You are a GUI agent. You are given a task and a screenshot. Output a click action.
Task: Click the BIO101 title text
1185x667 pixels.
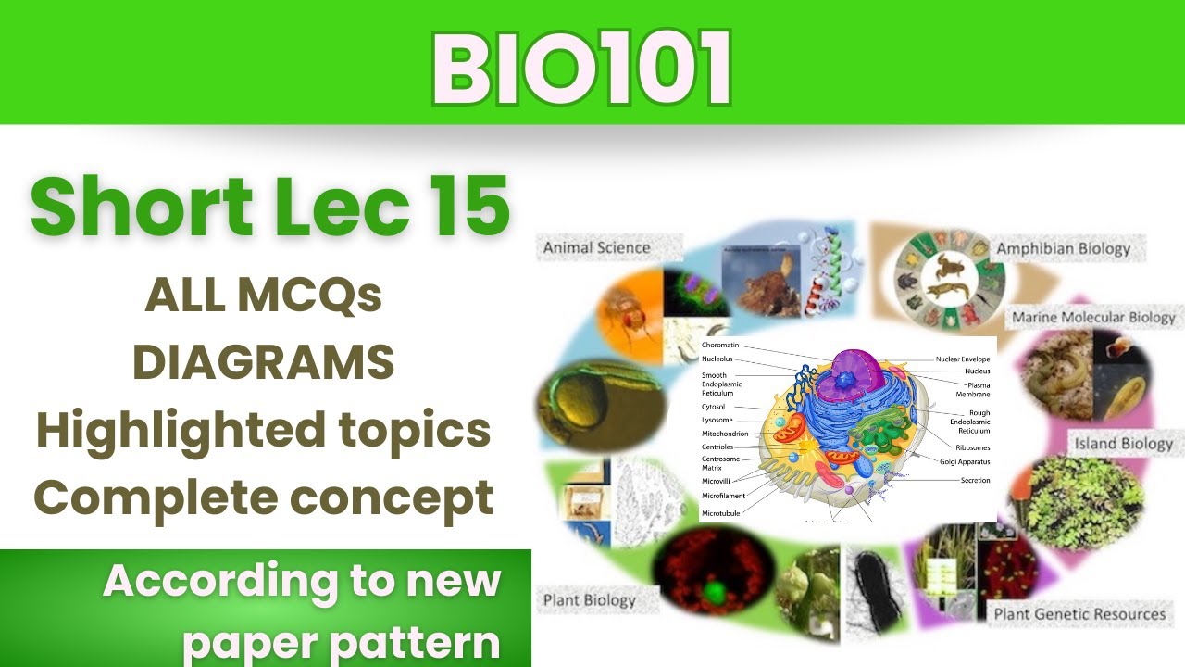(x=581, y=69)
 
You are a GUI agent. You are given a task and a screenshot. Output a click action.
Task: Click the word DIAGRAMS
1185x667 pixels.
(x=263, y=362)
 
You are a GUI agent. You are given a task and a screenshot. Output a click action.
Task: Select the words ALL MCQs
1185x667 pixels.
(x=263, y=296)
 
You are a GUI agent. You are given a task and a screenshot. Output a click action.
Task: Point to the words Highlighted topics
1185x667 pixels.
(x=263, y=430)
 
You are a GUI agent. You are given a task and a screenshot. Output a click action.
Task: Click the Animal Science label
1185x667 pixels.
(x=596, y=247)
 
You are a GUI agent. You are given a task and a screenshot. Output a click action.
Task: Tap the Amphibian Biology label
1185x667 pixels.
(x=1063, y=248)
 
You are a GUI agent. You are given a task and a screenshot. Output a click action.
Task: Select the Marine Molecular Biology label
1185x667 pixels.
(x=1092, y=318)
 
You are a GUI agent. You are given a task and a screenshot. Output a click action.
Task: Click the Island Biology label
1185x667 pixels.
(x=1123, y=443)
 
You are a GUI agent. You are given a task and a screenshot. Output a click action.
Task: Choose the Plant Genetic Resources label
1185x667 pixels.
(x=1079, y=613)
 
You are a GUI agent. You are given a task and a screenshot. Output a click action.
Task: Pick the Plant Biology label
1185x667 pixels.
(x=590, y=599)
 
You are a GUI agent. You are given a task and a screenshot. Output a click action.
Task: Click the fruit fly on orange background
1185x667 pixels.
(x=630, y=315)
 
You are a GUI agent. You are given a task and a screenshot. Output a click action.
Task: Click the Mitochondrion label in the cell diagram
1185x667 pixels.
(x=725, y=434)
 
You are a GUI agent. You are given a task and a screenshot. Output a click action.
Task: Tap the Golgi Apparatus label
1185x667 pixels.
(x=965, y=460)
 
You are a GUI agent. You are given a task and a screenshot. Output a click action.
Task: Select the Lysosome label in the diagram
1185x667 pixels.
(x=717, y=420)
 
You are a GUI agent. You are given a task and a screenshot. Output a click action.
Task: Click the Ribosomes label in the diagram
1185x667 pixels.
(x=972, y=447)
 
